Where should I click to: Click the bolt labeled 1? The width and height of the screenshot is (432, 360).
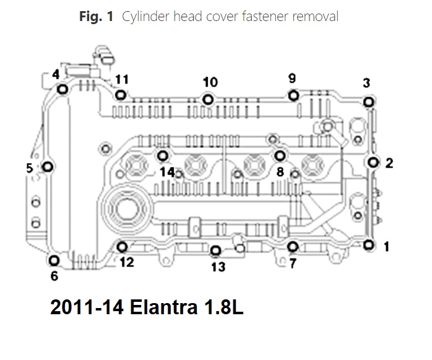point(368,245)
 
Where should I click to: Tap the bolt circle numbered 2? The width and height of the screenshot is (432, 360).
point(373,162)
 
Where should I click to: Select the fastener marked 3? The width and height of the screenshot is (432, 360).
point(368,102)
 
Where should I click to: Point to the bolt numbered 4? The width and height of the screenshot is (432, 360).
point(62,90)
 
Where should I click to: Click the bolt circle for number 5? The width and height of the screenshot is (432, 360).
point(48,167)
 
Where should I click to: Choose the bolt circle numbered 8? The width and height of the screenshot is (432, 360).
point(280,155)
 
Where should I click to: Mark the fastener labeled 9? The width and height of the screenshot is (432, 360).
point(293,95)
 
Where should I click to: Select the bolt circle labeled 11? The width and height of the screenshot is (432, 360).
point(121,95)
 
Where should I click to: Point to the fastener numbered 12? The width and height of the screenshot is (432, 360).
point(122,248)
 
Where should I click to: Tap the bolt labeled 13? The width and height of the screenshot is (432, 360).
point(215,251)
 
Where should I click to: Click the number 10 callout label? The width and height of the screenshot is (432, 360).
point(210,82)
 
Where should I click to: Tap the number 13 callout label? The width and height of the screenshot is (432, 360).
point(218,267)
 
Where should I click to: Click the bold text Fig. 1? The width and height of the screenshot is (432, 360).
point(95,17)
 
